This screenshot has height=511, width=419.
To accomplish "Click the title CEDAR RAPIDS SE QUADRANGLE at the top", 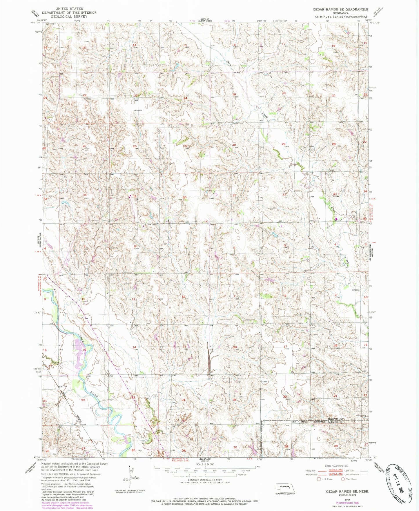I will (340, 9).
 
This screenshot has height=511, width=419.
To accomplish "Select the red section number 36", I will (184, 197).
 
